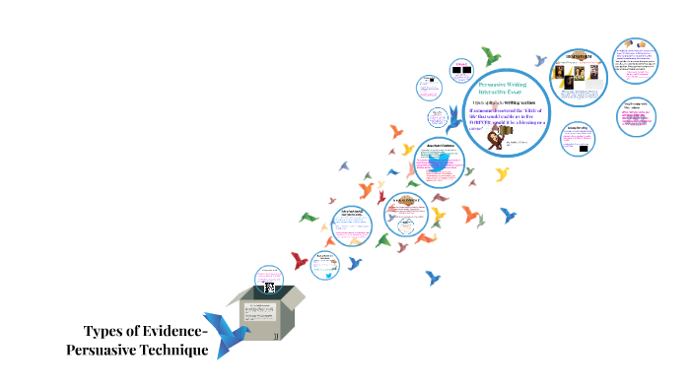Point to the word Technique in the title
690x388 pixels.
(176, 351)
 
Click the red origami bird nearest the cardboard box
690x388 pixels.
(298, 260)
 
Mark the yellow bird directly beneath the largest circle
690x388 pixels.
(502, 174)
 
